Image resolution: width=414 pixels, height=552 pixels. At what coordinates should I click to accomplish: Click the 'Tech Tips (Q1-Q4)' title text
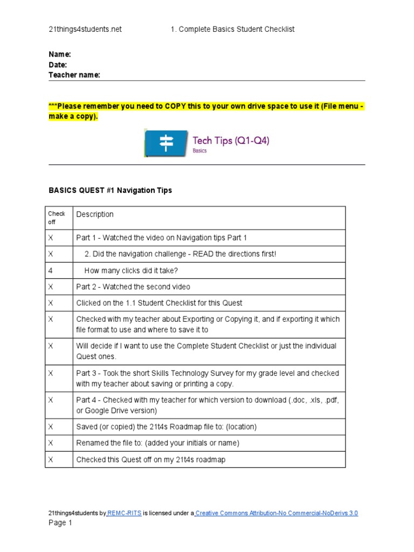coord(231,141)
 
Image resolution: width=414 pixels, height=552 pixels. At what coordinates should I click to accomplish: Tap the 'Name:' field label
coord(60,54)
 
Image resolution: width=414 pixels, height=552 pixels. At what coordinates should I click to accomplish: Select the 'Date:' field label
coord(58,65)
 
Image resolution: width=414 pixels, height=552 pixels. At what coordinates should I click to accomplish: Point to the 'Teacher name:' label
coord(74,75)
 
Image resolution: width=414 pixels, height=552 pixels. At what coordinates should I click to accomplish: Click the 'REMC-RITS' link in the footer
coord(125,513)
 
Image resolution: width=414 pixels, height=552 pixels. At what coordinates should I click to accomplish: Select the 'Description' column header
coord(95,215)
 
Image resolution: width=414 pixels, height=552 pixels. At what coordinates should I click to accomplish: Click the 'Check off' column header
coord(57,218)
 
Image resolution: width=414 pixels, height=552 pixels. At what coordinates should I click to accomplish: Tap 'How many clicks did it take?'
coord(131,271)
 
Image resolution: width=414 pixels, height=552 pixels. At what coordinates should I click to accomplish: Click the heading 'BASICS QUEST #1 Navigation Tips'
coord(111,190)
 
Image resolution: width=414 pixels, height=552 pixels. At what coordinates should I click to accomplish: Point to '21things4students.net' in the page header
coord(85,29)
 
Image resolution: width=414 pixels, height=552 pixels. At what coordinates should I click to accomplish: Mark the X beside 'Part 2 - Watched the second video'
coord(51,287)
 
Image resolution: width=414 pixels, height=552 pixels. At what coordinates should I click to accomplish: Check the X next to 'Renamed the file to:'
coord(51,443)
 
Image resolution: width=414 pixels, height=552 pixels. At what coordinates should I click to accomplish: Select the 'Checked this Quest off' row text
coord(150,460)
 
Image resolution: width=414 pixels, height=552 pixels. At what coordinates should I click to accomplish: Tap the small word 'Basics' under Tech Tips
coord(199,151)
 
